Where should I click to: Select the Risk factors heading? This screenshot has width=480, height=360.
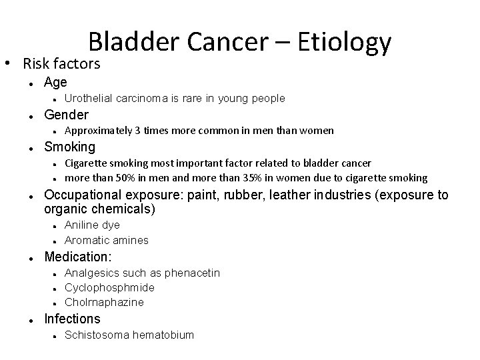point(61,64)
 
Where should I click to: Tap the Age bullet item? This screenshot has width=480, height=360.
point(55,82)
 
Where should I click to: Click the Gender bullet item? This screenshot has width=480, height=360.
point(66,115)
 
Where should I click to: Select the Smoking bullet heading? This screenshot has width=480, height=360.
point(69,147)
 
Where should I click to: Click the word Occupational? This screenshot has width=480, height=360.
point(79,195)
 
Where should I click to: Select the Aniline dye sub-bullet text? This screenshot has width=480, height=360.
point(92,225)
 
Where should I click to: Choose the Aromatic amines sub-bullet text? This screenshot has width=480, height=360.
point(106,240)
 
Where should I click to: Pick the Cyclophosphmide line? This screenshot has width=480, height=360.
point(109,287)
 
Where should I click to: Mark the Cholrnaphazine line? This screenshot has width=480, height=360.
point(104,302)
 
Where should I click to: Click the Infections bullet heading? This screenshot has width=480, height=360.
point(72,319)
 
